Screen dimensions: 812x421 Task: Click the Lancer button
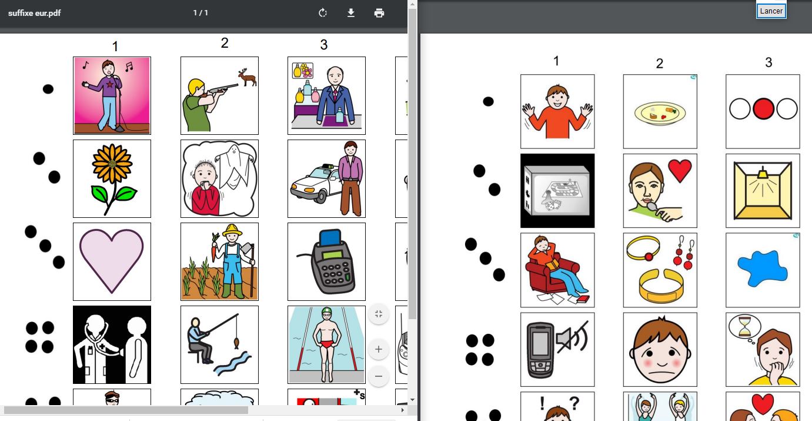771,11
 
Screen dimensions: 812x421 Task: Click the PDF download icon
350,13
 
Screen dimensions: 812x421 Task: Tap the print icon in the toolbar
379,13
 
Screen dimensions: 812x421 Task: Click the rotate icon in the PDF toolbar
323,13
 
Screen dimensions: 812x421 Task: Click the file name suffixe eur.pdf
35,13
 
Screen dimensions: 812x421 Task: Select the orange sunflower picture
112,178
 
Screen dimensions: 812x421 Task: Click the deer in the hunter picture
247,77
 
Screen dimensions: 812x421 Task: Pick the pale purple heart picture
112,261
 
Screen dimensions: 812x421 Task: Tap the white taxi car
315,184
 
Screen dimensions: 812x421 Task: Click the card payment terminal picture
326,261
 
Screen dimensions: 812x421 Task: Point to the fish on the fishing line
236,343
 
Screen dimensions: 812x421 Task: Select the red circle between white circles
763,109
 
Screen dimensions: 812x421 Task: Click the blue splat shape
762,268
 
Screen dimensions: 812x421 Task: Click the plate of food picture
660,111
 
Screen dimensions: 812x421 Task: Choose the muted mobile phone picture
557,350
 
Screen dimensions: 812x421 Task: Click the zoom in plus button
379,349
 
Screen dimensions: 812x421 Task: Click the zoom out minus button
379,376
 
